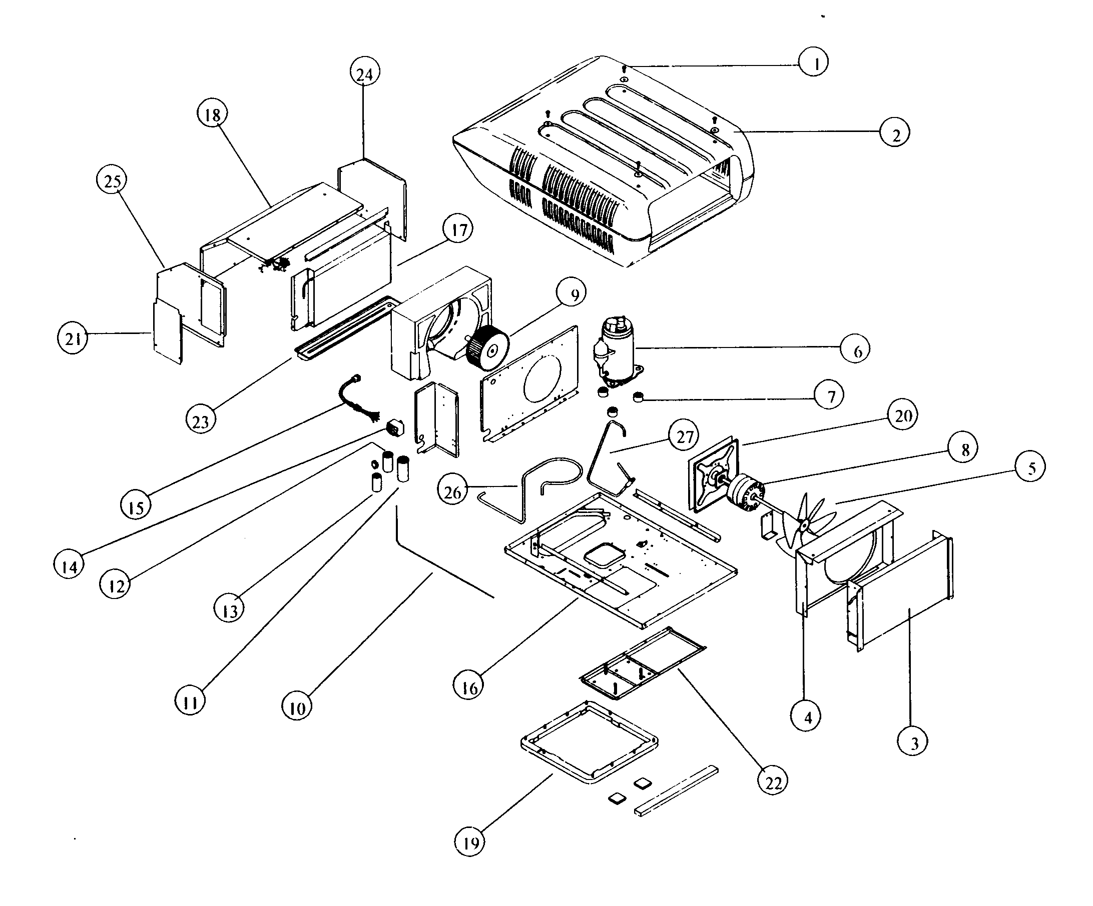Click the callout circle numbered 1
814,62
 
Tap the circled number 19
470,841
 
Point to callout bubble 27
684,436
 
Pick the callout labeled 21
73,338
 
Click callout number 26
453,491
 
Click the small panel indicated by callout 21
168,332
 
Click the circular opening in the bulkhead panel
543,378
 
